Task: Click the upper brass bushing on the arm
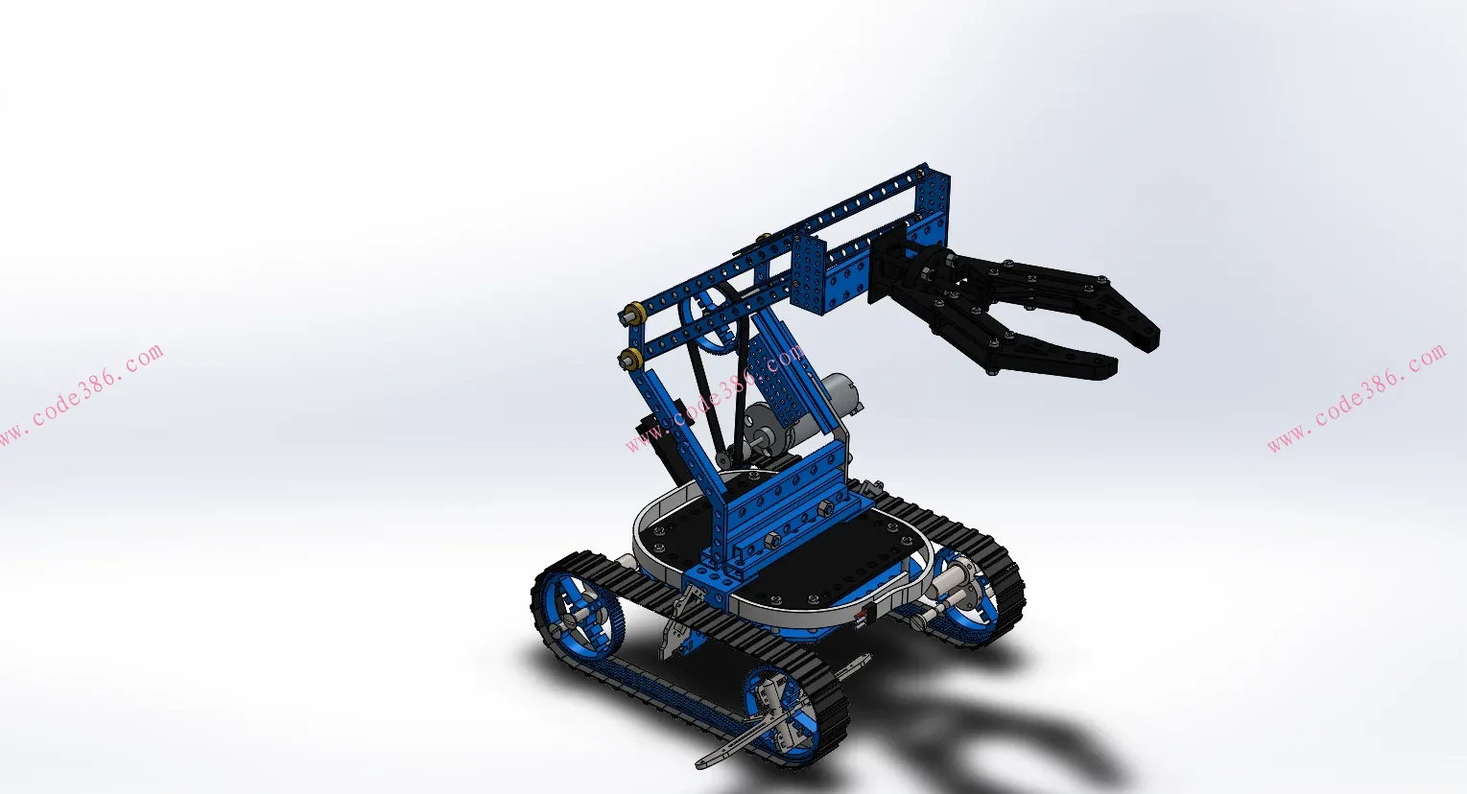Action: [x=634, y=313]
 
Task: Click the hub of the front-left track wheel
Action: [x=576, y=615]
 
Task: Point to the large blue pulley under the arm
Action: [x=712, y=319]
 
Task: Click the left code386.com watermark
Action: [x=81, y=395]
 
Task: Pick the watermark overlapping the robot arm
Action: [x=715, y=398]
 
